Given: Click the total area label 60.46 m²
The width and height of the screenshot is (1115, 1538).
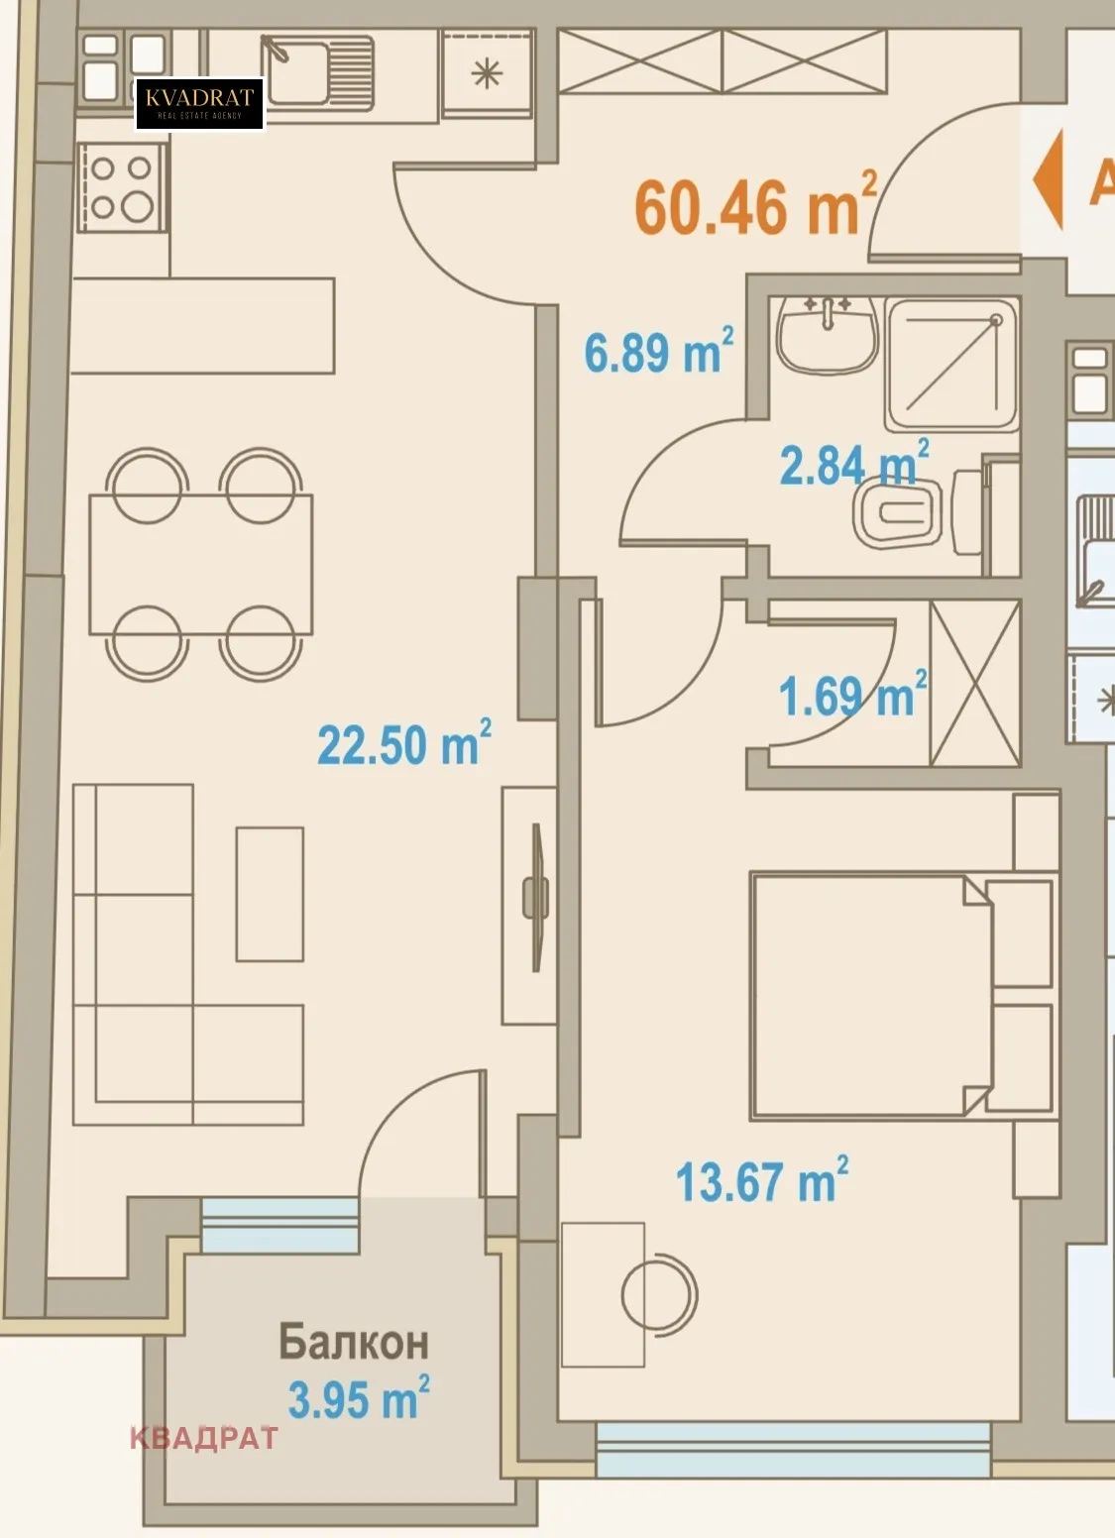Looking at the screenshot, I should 755,206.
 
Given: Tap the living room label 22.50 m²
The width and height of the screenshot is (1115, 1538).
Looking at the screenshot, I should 403,743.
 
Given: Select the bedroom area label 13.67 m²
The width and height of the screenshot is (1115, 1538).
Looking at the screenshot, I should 761,1181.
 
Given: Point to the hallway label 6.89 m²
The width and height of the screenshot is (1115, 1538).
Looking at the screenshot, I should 658,352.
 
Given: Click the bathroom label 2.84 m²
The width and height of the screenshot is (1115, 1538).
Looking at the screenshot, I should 853,464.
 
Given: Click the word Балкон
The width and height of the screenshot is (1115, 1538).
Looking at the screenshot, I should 353,1342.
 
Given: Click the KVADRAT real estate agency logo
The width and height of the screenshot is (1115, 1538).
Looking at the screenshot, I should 199,104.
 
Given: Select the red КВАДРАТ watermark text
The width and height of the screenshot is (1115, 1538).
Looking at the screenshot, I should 204,1438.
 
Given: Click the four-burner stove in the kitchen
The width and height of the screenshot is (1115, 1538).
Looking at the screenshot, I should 122,187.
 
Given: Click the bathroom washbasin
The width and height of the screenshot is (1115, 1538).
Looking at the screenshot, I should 827,334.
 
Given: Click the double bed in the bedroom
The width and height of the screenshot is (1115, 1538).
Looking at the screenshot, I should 872,995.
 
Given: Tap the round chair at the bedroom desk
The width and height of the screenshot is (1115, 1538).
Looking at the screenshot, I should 658,1292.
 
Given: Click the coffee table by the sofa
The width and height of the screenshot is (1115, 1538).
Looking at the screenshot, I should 270,894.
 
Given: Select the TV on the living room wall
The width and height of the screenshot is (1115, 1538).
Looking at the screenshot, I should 536,897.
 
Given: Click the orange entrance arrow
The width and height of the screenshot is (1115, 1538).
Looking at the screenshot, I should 1048,179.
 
